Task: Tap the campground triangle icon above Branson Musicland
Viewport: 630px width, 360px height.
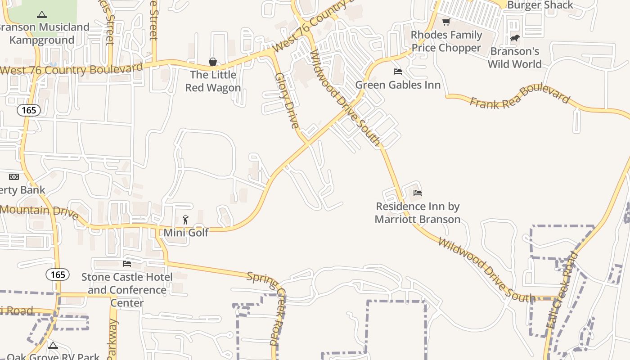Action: (x=42, y=15)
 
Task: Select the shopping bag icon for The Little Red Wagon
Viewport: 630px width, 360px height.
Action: (x=213, y=62)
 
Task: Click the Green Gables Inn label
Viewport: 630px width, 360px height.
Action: (x=398, y=85)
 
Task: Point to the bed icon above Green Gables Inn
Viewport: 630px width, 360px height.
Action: (x=398, y=72)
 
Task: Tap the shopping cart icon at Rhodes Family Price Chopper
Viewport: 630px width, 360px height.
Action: (x=446, y=22)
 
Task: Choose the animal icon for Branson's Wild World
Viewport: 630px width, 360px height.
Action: (x=514, y=38)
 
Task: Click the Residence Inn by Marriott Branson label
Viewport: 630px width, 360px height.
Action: (x=418, y=213)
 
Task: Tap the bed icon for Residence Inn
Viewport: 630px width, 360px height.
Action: (x=418, y=193)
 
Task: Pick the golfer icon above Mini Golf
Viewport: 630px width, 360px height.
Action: (x=186, y=220)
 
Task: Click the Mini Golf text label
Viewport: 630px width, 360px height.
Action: (x=186, y=233)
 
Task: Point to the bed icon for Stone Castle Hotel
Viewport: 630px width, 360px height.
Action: (x=127, y=263)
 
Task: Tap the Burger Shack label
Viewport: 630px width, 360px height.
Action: (x=540, y=5)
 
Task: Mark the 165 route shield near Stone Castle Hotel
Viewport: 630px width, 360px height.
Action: (x=58, y=274)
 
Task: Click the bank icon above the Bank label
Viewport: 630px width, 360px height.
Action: (x=14, y=177)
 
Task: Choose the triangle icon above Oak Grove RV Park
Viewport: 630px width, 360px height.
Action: (x=53, y=346)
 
